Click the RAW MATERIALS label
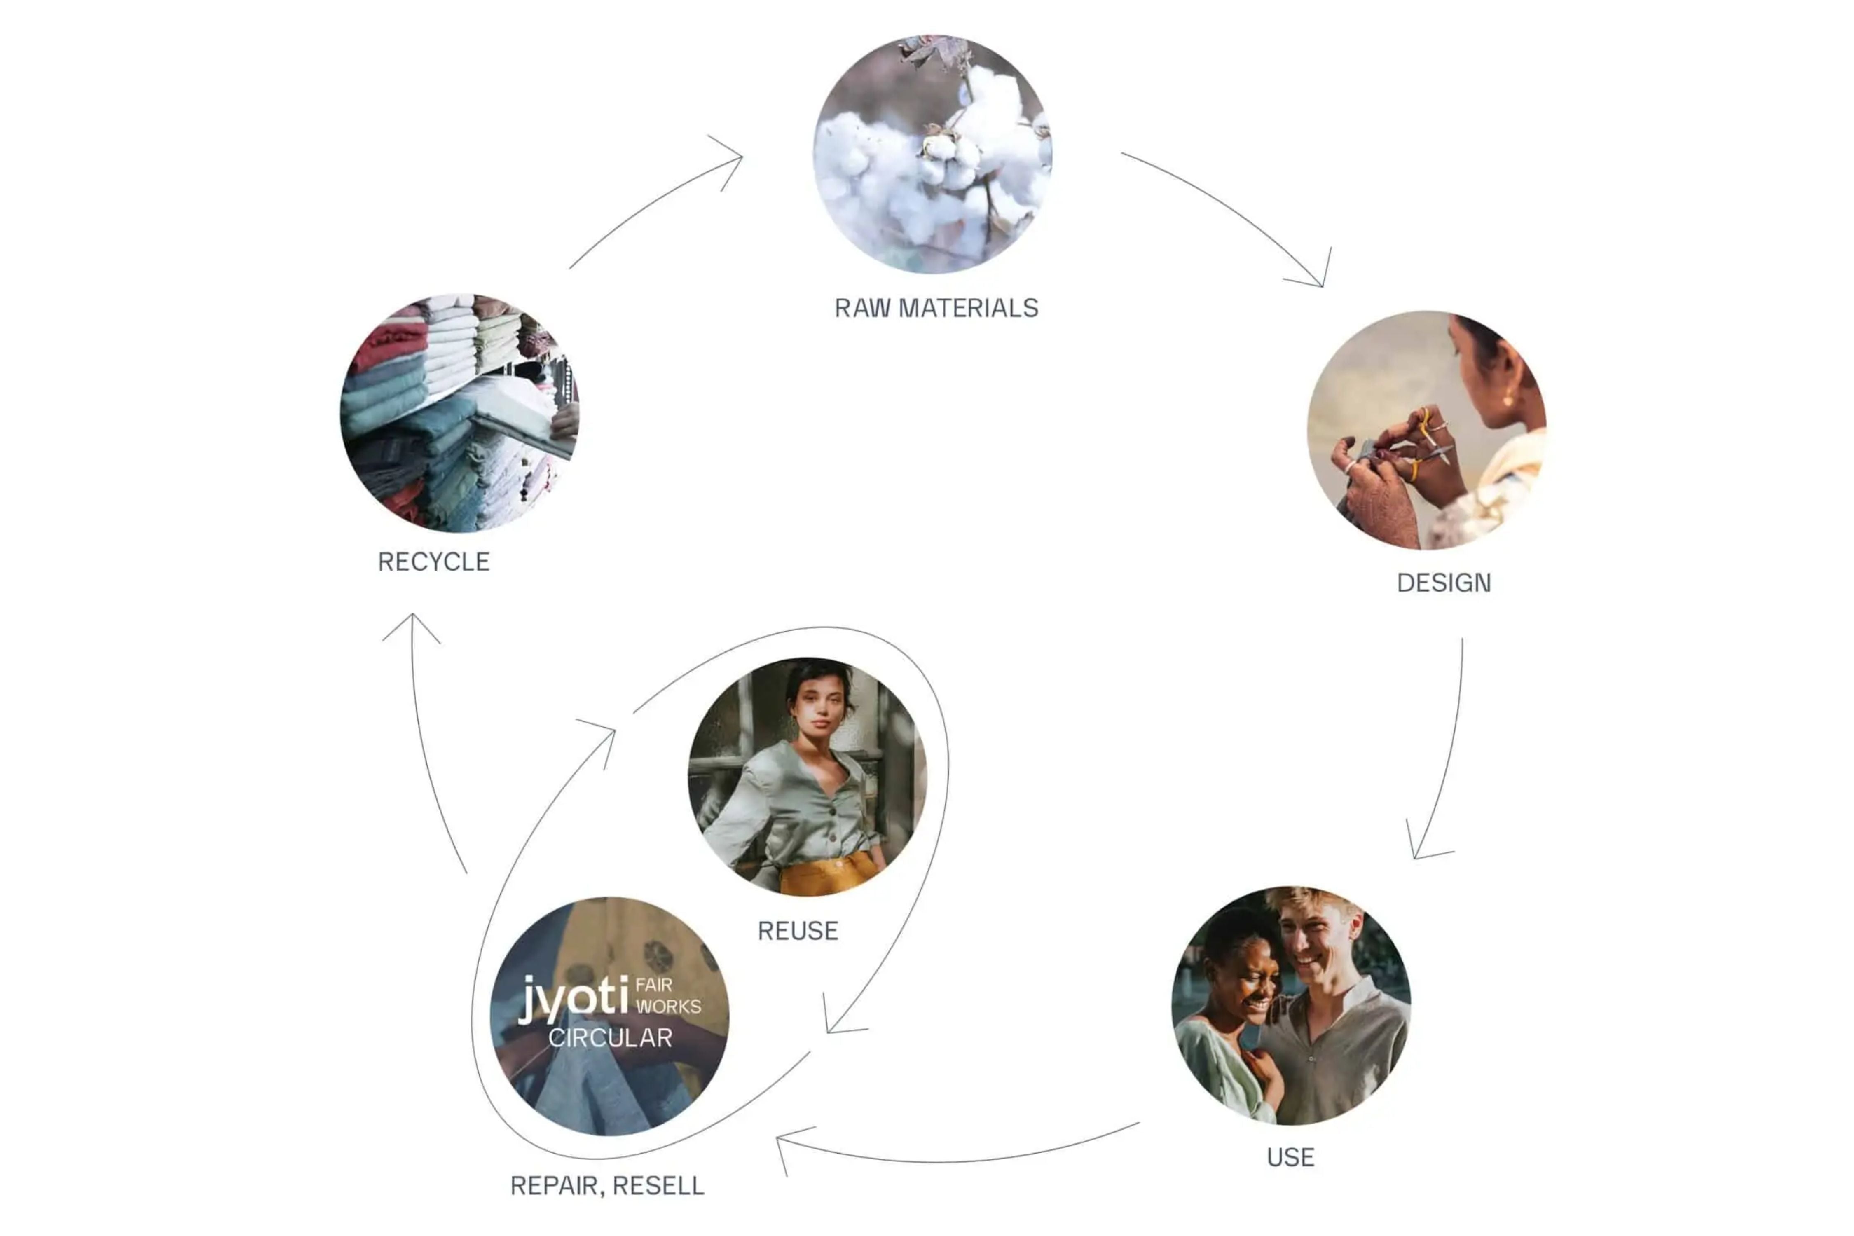[936, 308]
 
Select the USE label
[1290, 1157]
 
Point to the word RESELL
[658, 1186]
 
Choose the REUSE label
[798, 931]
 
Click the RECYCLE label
[433, 562]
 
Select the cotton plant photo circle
[932, 154]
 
